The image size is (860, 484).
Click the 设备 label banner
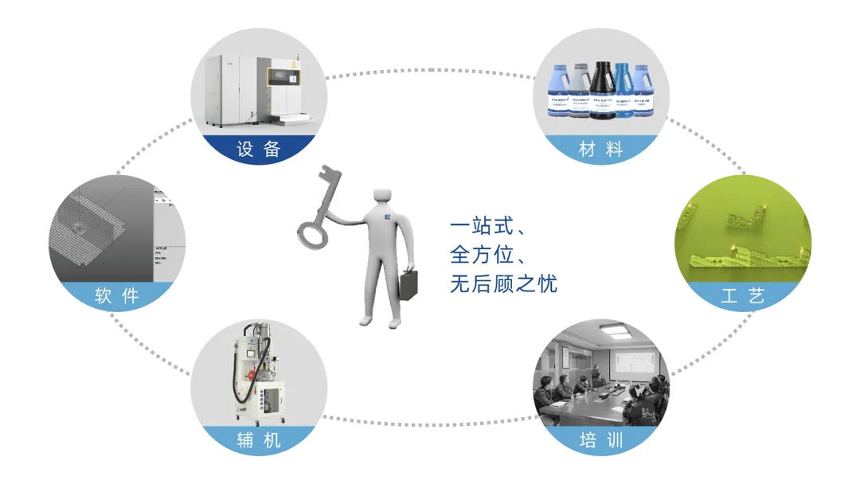click(x=259, y=149)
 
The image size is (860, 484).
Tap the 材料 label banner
click(x=600, y=149)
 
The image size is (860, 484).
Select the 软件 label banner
click(x=117, y=296)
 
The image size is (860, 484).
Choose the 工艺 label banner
click(x=742, y=296)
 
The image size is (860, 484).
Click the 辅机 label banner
click(x=259, y=439)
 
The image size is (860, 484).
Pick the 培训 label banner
click(x=600, y=439)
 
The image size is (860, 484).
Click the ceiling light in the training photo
click(x=612, y=329)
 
